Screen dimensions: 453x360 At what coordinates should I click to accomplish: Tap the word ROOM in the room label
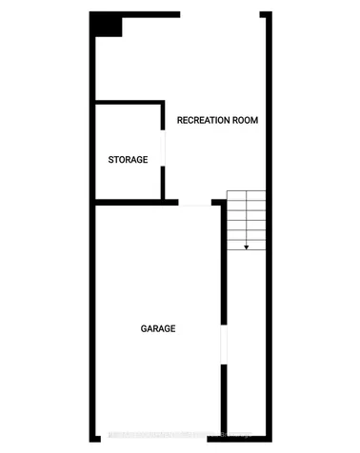click(246, 121)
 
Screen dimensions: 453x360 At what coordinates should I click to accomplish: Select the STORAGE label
click(128, 160)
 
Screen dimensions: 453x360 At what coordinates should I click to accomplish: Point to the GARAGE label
click(158, 328)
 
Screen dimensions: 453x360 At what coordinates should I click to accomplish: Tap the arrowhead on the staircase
click(246, 246)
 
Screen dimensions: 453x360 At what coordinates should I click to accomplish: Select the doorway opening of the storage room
click(166, 152)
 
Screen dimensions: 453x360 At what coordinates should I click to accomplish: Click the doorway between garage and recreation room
click(196, 202)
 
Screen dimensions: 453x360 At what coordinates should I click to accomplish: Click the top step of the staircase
click(246, 195)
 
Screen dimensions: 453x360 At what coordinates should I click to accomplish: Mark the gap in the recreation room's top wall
click(222, 15)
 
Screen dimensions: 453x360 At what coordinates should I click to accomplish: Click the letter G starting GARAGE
click(144, 328)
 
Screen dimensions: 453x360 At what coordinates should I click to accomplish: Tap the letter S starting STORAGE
click(110, 160)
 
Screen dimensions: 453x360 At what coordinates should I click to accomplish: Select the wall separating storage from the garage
click(133, 202)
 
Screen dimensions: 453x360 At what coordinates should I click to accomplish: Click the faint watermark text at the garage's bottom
click(171, 436)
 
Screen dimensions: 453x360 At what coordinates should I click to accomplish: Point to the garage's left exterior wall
click(92, 324)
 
